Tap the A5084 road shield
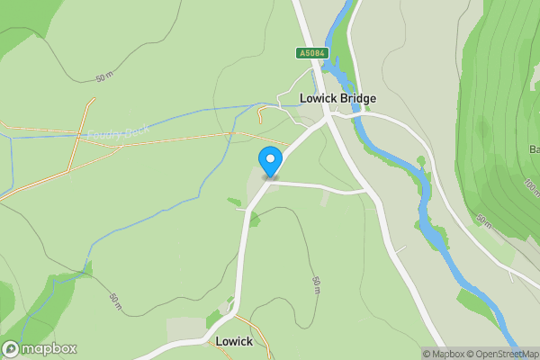(x=311, y=54)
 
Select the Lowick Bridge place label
(x=337, y=98)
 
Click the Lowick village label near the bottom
(x=234, y=342)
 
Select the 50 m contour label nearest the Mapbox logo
(x=114, y=302)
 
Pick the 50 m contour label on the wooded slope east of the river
(x=484, y=220)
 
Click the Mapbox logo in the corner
(x=40, y=349)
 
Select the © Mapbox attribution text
(x=444, y=354)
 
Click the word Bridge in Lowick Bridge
(x=357, y=98)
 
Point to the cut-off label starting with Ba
(x=534, y=148)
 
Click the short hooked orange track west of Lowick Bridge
(x=260, y=113)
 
